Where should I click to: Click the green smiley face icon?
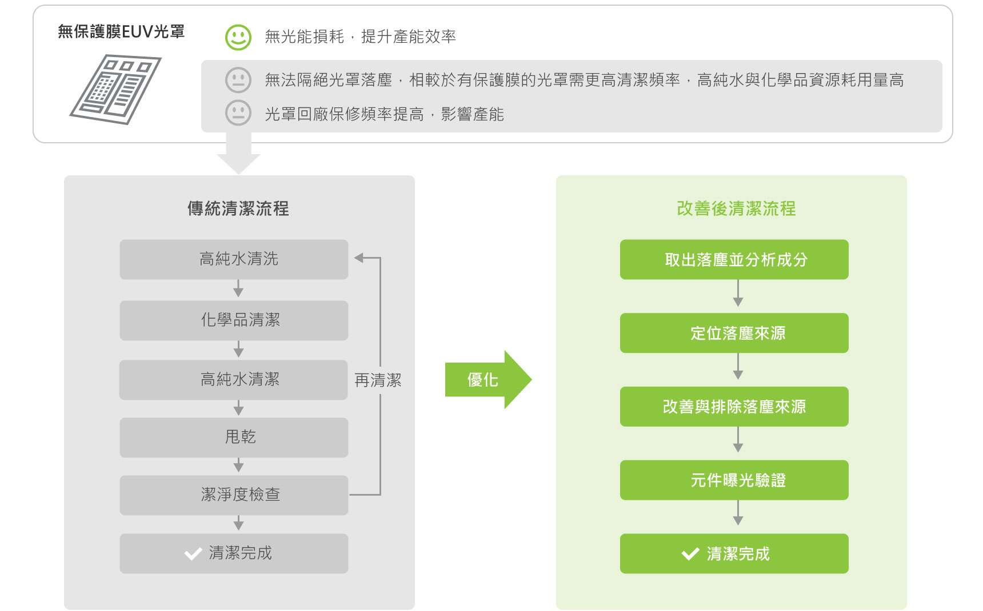pos(238,37)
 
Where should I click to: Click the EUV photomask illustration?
pos(115,89)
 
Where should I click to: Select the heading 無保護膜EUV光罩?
pos(121,32)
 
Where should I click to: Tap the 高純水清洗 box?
pos(234,259)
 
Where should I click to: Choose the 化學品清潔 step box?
pos(234,320)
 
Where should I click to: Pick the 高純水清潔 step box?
pos(234,380)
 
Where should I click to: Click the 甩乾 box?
pos(234,437)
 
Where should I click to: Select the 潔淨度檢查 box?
pos(234,495)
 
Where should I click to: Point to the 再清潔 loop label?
pos(378,380)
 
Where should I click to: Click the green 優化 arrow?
pos(488,380)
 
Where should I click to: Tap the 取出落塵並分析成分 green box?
pos(734,259)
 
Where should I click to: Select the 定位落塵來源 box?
pos(734,333)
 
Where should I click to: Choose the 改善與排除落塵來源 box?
pos(734,407)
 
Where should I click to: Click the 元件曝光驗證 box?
pos(734,480)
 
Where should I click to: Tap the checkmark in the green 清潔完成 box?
pos(690,554)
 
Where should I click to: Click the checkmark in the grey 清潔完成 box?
pos(193,553)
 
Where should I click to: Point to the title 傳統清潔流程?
pos(238,208)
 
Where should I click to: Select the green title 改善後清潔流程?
pos(736,208)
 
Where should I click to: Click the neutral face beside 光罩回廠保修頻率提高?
pos(238,113)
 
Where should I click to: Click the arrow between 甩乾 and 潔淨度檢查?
pos(238,465)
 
